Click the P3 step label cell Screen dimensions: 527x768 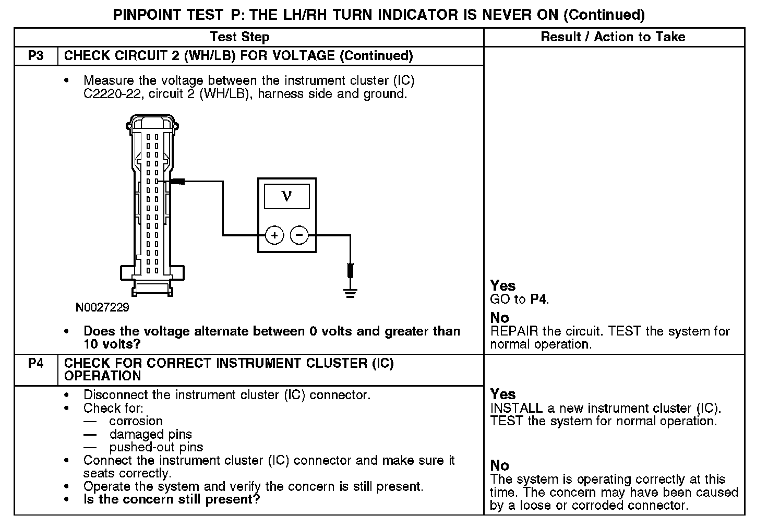(35, 56)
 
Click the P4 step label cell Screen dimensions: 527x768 (35, 363)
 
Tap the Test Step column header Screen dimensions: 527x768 (239, 37)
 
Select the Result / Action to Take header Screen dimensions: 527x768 (613, 37)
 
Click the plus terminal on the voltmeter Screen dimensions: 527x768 (274, 235)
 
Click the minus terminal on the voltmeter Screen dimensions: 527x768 (299, 235)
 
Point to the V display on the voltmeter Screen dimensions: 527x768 (286, 197)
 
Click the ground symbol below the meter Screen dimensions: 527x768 (350, 293)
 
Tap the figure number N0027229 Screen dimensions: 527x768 (102, 307)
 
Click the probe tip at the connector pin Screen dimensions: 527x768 (177, 182)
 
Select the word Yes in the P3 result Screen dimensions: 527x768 (502, 286)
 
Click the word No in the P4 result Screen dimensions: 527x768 (499, 465)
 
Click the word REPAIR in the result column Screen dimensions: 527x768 (513, 331)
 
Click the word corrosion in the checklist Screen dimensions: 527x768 (136, 421)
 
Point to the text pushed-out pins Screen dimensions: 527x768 (156, 447)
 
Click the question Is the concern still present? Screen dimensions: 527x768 (172, 499)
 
